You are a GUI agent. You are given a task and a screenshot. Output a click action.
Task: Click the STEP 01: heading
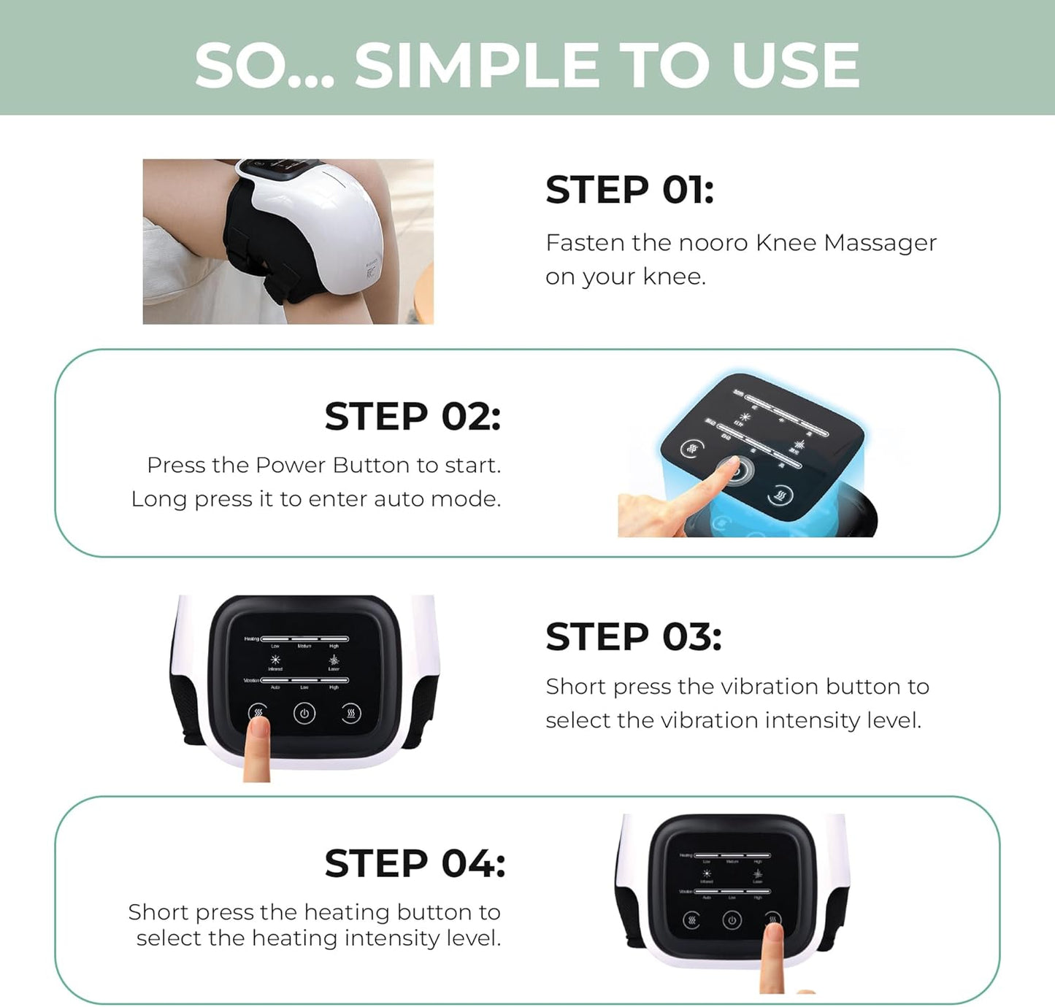pyautogui.click(x=629, y=190)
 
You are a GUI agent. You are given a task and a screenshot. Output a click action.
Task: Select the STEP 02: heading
pyautogui.click(x=413, y=417)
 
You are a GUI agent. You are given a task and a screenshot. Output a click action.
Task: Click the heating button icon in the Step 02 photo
pyautogui.click(x=780, y=497)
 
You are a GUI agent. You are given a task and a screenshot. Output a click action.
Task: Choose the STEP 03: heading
pyautogui.click(x=633, y=637)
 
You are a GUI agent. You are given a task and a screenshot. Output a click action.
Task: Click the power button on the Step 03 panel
pyautogui.click(x=304, y=714)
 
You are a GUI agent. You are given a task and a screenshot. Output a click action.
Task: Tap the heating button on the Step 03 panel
pyautogui.click(x=351, y=714)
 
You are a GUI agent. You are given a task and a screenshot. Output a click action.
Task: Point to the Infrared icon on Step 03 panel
pyautogui.click(x=275, y=660)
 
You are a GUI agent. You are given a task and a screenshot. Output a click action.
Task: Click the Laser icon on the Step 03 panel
pyautogui.click(x=334, y=660)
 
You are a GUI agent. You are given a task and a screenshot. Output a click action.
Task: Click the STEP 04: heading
pyautogui.click(x=415, y=864)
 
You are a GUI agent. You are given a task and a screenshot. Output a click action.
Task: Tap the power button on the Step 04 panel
pyautogui.click(x=732, y=920)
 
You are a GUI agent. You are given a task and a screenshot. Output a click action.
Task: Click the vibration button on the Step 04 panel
pyautogui.click(x=691, y=920)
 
